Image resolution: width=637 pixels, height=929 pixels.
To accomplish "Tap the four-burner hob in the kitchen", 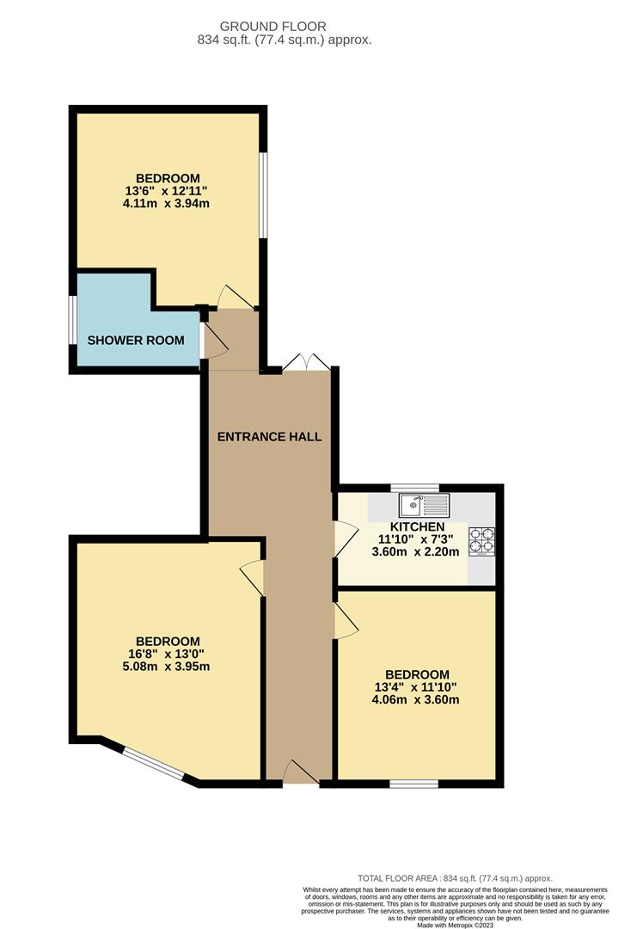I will (x=481, y=539).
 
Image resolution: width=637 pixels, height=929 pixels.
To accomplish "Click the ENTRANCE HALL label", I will (x=269, y=437).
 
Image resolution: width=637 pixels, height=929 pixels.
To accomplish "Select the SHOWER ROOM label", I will (x=136, y=341).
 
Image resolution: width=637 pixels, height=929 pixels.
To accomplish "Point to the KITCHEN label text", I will (x=418, y=526).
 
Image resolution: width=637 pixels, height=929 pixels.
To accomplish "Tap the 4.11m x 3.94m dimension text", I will (x=167, y=204).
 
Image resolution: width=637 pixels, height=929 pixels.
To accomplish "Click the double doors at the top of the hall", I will (x=306, y=362).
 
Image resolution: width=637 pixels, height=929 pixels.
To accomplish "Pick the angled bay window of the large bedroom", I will (x=154, y=765).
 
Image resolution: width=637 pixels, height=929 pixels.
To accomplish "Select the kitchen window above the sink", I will (x=414, y=488).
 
